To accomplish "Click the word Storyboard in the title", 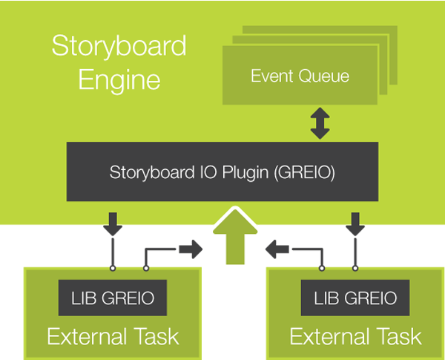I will (119, 47).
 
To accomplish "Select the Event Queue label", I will (300, 76).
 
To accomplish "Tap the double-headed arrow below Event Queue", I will (320, 123).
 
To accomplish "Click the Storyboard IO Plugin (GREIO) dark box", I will (223, 172).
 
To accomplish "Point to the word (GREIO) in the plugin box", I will (311, 173).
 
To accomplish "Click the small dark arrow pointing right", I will (191, 249).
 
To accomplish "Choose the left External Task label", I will (113, 336).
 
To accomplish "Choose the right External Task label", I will (355, 336).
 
